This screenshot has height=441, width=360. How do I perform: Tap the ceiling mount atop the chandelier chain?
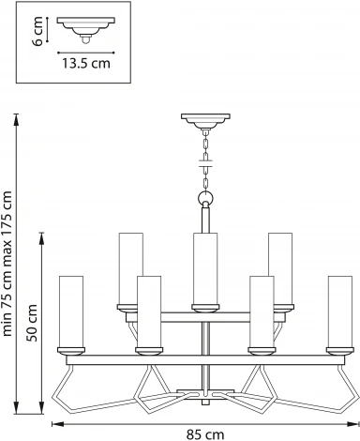(205, 121)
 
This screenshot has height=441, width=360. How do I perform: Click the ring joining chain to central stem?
(205, 199)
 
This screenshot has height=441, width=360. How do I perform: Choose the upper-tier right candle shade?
(280, 266)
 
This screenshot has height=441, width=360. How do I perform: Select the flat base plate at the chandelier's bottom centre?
(205, 392)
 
